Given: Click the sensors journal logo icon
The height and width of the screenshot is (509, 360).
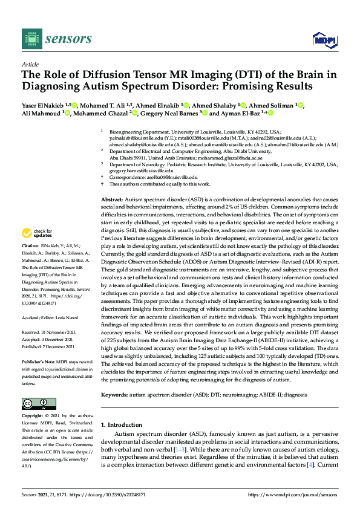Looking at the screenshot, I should tap(31, 39).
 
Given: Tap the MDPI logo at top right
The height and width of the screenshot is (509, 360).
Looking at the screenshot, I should tap(324, 40).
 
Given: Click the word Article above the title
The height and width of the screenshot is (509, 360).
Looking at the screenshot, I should tap(30, 64).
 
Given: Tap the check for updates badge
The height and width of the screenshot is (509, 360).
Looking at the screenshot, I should tap(37, 233).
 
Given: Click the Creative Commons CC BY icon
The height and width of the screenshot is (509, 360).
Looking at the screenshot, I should tap(35, 403).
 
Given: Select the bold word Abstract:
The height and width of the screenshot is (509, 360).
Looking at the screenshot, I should tap(112, 199).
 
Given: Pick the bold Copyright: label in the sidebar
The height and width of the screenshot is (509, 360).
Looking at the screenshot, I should tap(34, 417).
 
